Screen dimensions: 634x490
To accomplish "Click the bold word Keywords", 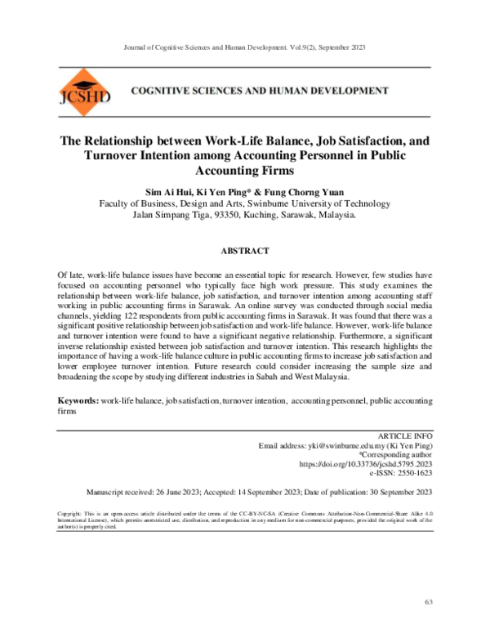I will coord(76,402).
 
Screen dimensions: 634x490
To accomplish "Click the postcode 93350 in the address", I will coord(231,216).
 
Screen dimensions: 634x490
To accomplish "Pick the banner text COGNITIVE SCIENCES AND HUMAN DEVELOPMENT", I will coord(260,91).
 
